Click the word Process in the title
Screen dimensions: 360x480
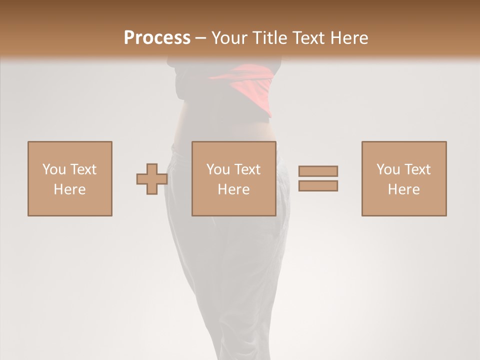point(157,37)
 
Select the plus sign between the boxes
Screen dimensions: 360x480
point(152,179)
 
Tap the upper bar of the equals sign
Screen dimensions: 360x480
point(318,171)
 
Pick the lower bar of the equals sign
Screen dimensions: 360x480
point(318,186)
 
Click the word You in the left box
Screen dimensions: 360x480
point(54,169)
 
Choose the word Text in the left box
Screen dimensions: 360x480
point(83,169)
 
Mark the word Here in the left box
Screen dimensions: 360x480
point(69,189)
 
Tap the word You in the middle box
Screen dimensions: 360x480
point(218,169)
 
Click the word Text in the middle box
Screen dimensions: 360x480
point(247,169)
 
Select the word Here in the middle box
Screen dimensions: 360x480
point(233,189)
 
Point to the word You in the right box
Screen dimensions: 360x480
point(388,169)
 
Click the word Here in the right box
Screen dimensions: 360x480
point(403,189)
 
